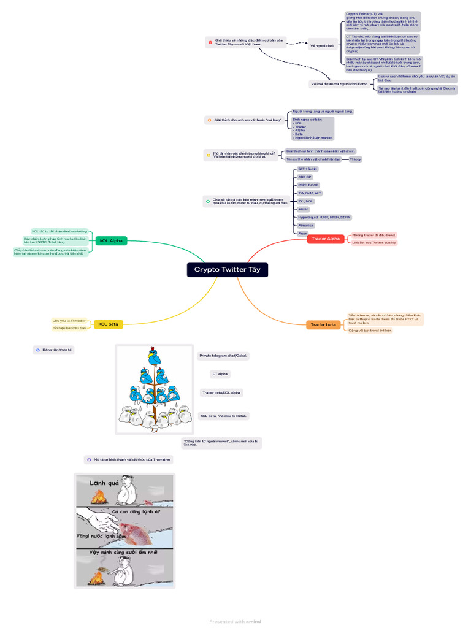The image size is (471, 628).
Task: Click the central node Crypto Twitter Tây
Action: point(228,270)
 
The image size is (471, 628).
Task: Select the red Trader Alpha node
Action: point(325,239)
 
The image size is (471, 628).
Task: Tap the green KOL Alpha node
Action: point(110,241)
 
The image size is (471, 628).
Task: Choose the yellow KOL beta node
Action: point(108,324)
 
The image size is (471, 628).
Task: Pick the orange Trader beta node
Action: point(323,324)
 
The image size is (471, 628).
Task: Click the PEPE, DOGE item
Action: point(308,185)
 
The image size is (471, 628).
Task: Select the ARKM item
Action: point(304,209)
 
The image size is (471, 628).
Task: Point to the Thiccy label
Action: point(354,159)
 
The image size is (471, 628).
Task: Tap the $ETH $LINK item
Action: point(307,168)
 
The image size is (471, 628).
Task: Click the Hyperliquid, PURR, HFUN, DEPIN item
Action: point(324,217)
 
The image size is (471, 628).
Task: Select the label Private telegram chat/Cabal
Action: point(223,355)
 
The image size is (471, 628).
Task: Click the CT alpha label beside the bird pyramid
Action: point(221,373)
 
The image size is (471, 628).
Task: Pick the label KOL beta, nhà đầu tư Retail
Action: point(224,416)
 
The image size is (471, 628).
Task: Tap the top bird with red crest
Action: point(153,356)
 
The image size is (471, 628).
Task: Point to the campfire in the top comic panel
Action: point(98,497)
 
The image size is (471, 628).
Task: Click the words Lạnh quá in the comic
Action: point(104,483)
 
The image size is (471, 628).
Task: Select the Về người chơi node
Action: point(322,45)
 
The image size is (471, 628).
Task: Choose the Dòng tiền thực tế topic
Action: point(57,350)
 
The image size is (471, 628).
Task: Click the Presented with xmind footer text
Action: point(235,621)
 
